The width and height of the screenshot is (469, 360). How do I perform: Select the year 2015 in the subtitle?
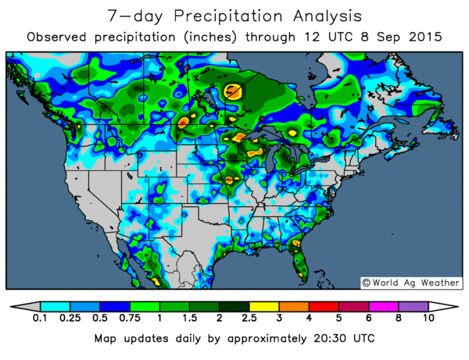426,37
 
